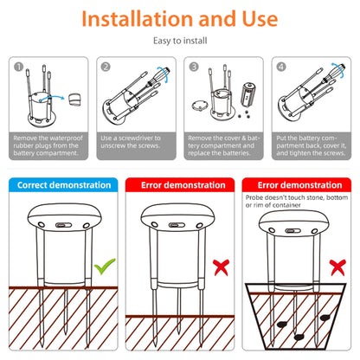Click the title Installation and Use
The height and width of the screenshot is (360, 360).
coord(180,19)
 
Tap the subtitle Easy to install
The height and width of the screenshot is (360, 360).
coord(180,41)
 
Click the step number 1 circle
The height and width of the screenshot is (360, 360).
coord(18,67)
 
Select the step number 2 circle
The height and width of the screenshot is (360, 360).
coord(106,67)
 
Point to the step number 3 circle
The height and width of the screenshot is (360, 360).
coord(194,67)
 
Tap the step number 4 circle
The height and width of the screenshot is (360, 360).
coord(281,67)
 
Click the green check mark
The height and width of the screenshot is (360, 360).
coord(105,266)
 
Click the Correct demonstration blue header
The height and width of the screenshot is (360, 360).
coord(63,185)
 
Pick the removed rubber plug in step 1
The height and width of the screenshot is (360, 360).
coord(74,100)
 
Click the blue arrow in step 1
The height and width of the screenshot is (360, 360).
coord(52,97)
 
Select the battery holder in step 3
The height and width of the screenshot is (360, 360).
coord(248,93)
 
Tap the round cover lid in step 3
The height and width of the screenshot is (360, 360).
coord(200,106)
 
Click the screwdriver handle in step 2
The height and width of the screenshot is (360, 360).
coord(161,74)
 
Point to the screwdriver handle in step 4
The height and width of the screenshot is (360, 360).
coord(337,71)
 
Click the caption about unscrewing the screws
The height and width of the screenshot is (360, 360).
coord(131,142)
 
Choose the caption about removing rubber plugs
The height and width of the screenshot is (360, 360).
coord(48,145)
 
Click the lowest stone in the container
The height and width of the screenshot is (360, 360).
coord(299,337)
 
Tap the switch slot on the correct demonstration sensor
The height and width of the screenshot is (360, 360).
coord(61,225)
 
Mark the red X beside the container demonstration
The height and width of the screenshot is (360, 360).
coord(337,267)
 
